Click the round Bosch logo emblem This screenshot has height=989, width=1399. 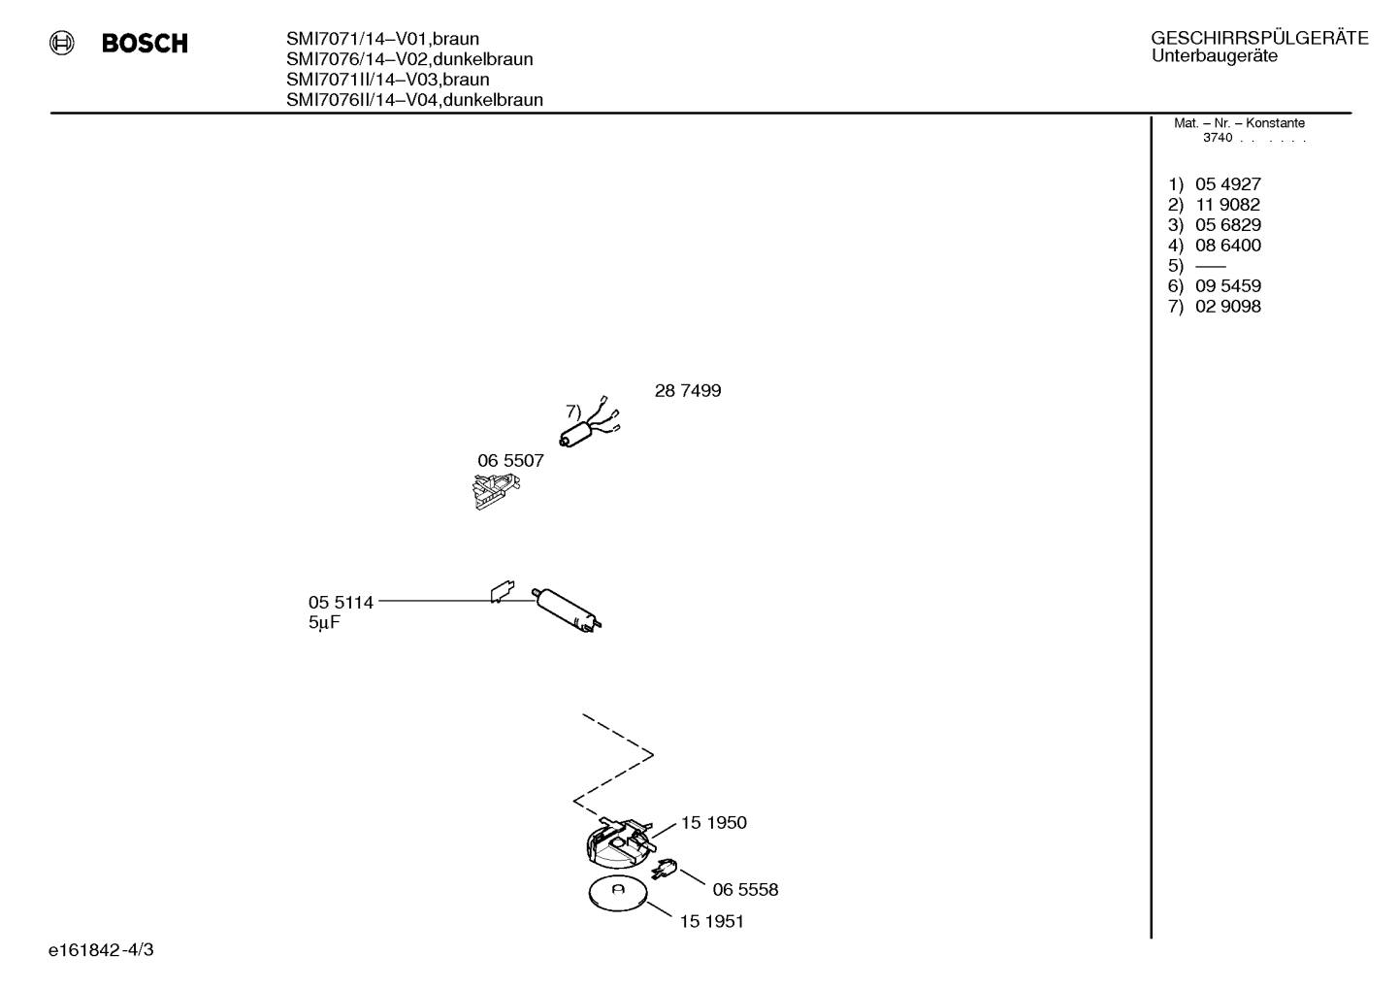(62, 43)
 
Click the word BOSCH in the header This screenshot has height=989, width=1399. (145, 43)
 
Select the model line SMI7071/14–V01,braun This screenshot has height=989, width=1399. (382, 39)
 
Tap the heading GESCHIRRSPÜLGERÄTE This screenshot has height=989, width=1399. (1259, 38)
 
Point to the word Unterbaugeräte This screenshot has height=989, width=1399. (1214, 56)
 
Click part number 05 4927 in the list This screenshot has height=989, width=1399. (1228, 184)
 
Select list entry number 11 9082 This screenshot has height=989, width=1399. (1227, 204)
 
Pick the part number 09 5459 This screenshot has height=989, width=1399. (1228, 286)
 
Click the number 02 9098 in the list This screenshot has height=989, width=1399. (1228, 307)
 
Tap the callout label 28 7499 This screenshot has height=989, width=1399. (688, 390)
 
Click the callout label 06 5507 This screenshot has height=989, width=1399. (510, 460)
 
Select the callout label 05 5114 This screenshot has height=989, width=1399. (341, 603)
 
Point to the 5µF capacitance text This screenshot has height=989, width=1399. (324, 623)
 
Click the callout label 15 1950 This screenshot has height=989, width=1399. (713, 822)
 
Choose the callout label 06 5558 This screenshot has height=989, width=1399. (745, 890)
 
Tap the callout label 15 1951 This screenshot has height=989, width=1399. (711, 921)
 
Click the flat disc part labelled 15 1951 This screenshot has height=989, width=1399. (618, 894)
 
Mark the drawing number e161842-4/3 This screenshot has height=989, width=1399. (101, 950)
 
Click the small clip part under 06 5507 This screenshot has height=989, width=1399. (496, 491)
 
